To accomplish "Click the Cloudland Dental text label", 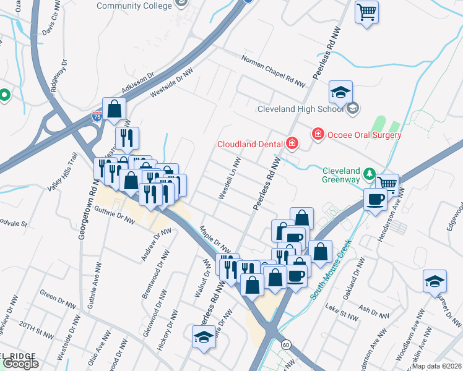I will coord(250,145).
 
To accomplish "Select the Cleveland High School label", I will coord(300,109).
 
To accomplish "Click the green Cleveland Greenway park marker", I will coord(370,173).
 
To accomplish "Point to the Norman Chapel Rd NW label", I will coord(274,71).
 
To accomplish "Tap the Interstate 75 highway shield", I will coord(96,116).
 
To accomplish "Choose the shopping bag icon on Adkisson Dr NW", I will coord(115,109).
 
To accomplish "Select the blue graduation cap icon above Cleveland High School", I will coord(340,92).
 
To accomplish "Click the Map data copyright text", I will coord(436,366).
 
